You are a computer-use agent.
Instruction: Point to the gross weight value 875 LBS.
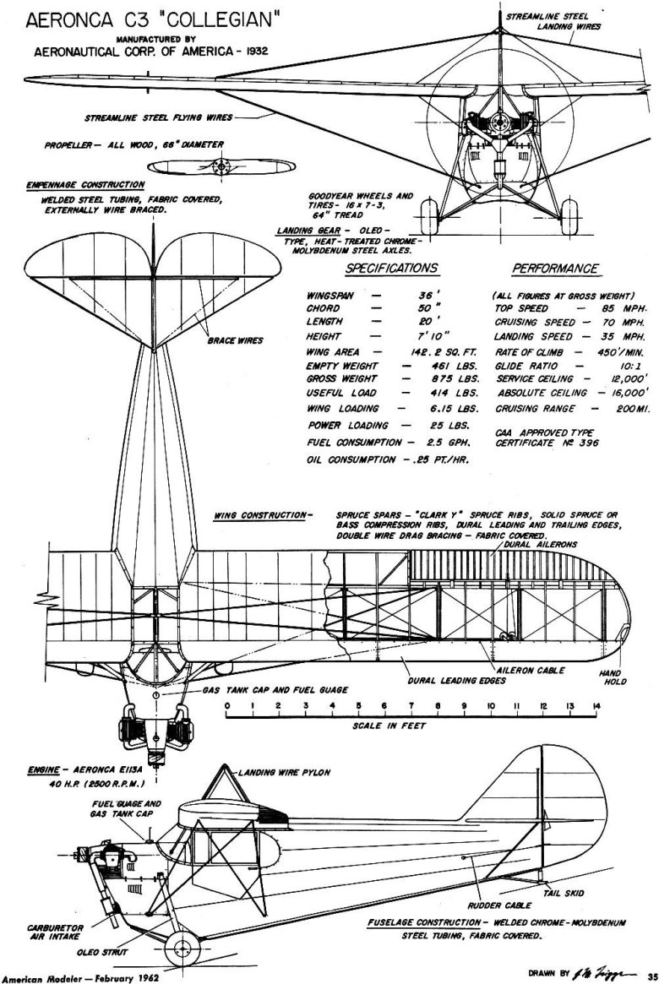(455, 379)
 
